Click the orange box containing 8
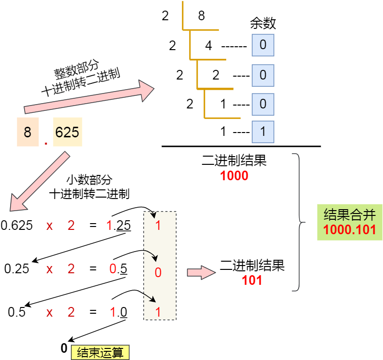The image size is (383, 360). click(x=27, y=132)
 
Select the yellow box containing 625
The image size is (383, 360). click(x=67, y=132)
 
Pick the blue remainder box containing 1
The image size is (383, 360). click(x=263, y=131)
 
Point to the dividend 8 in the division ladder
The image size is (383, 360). click(x=201, y=16)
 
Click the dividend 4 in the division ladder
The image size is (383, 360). click(x=208, y=46)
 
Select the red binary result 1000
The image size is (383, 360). click(x=234, y=176)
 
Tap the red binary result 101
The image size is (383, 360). click(x=252, y=280)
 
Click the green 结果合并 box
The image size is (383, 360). click(x=350, y=222)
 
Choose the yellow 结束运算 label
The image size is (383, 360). click(x=100, y=352)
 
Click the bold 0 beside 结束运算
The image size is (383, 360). click(x=64, y=348)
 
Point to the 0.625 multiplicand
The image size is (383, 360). click(x=17, y=225)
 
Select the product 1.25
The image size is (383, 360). click(x=118, y=225)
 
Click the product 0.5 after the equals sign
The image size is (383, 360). click(x=118, y=268)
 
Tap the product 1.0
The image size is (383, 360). click(x=118, y=312)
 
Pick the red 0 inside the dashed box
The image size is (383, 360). click(x=158, y=273)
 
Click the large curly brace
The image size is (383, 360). click(x=300, y=223)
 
